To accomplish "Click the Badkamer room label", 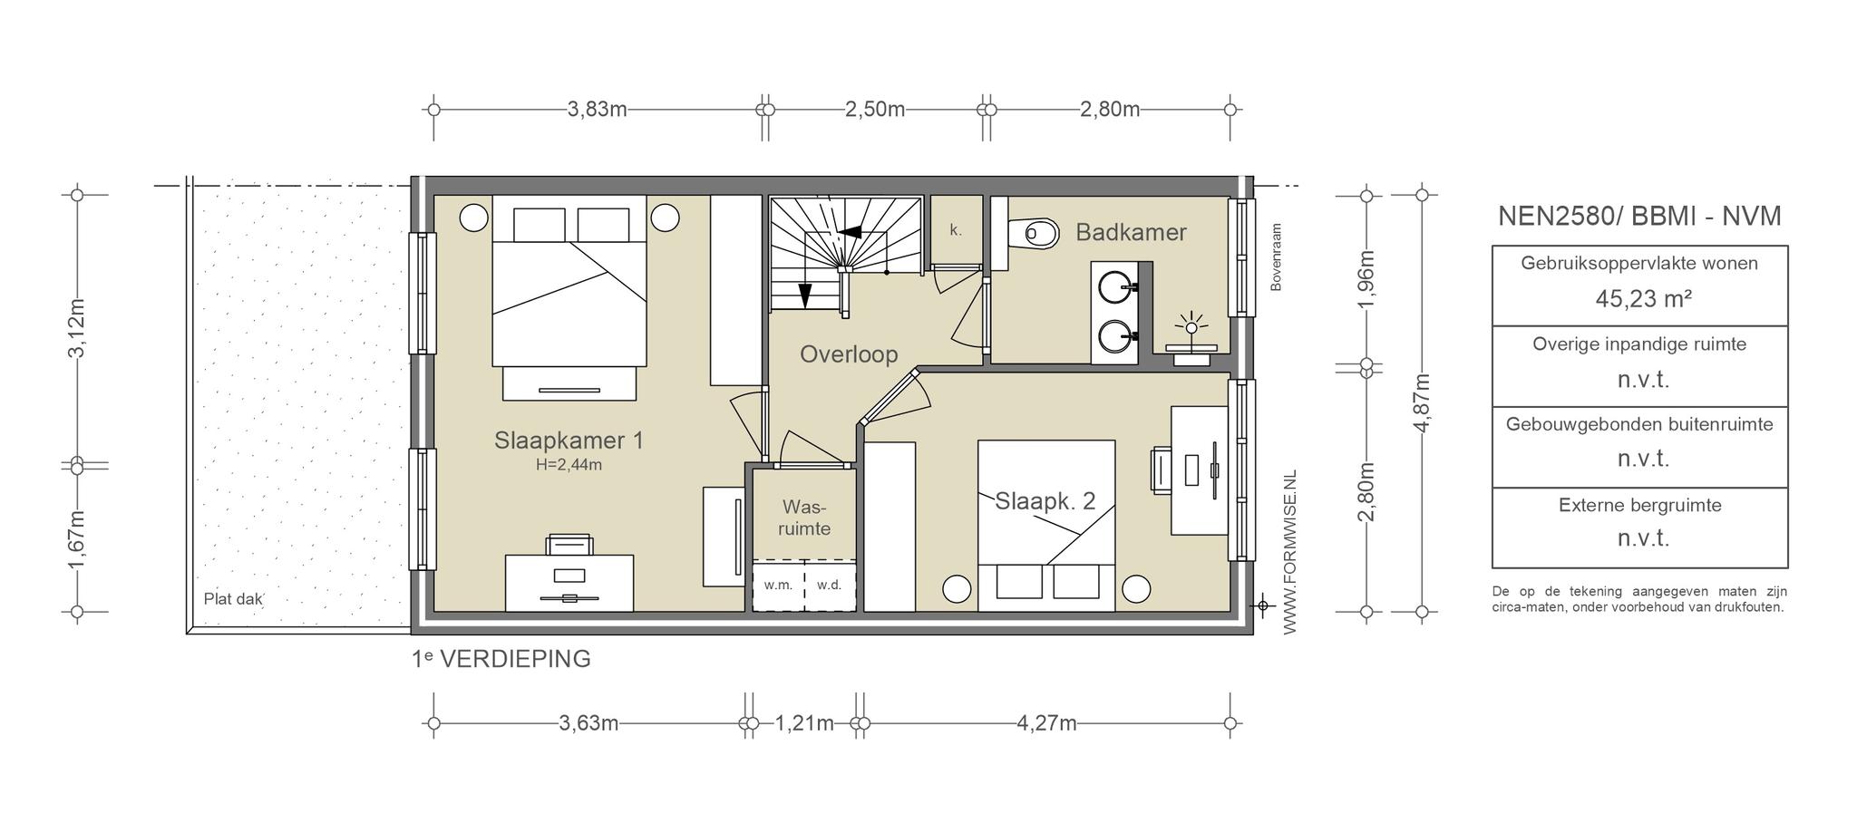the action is (x=1131, y=232).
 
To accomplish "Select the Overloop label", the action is (x=849, y=354).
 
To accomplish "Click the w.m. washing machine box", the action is (x=778, y=586).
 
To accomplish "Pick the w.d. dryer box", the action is (x=830, y=586).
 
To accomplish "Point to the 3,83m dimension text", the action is (x=598, y=110).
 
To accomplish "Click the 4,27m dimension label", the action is (x=1047, y=723).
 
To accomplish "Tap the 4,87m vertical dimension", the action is (x=1421, y=402).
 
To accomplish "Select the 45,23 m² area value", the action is (x=1643, y=299).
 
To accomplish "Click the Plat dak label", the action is (x=233, y=599).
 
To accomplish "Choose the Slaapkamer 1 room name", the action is (x=569, y=441).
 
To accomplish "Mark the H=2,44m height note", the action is (x=569, y=465).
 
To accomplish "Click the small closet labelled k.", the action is (x=957, y=230).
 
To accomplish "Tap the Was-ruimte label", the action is (x=804, y=518).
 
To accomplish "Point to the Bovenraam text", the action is (x=1276, y=257).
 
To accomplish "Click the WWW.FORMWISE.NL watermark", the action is (x=1289, y=552).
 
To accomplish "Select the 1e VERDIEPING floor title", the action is (x=501, y=659).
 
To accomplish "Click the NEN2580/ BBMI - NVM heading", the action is (x=1639, y=216).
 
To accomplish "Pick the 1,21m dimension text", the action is (x=804, y=723).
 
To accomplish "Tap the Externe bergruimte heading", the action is (x=1640, y=505).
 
